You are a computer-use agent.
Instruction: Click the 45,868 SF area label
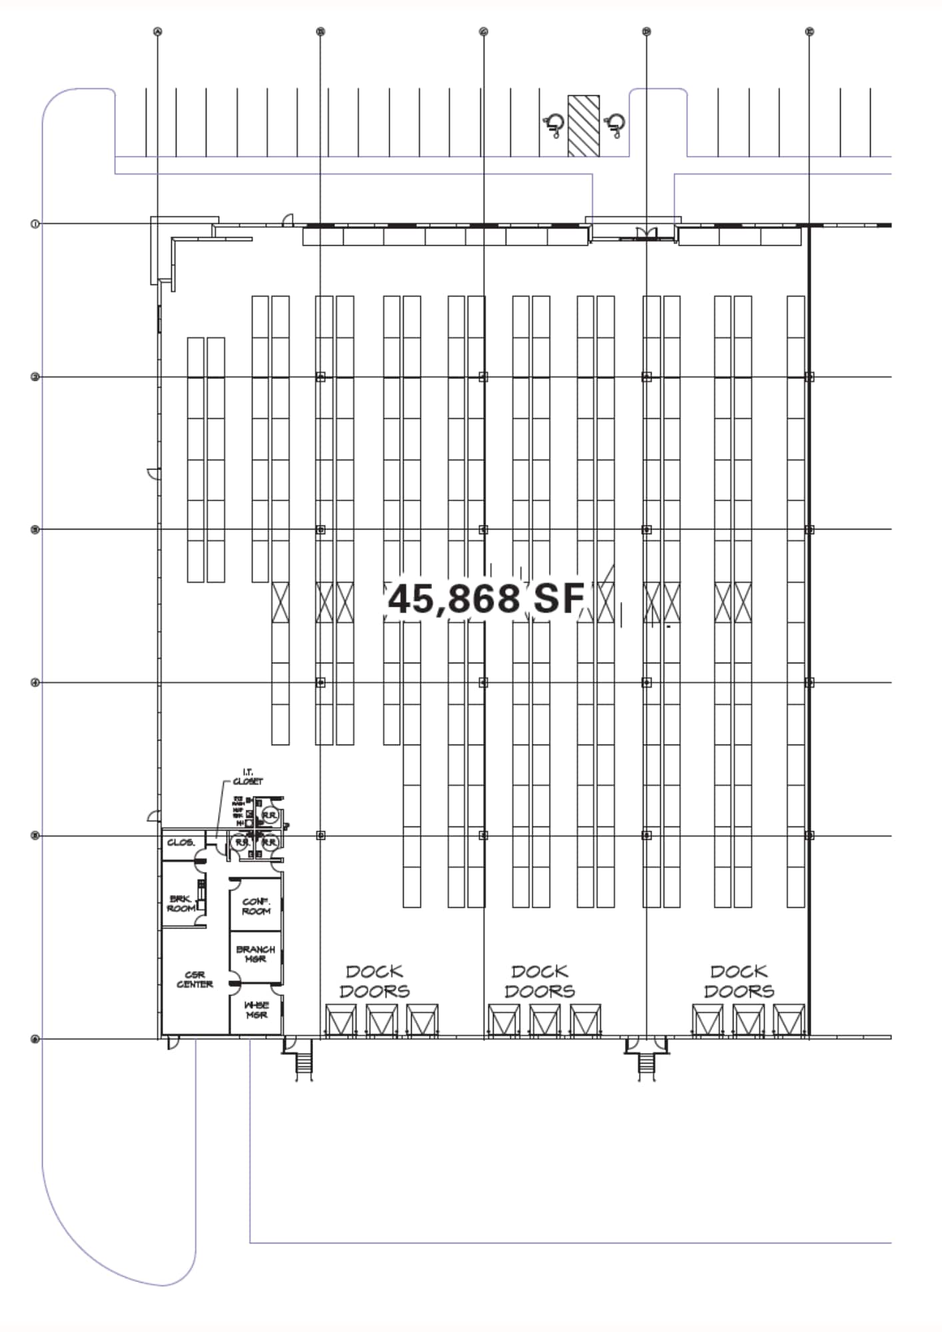[486, 599]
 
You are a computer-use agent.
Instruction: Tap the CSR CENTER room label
[195, 980]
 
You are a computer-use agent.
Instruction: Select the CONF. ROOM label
[256, 906]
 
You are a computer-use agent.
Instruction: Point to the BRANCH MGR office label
[255, 954]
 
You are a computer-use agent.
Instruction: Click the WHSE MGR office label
[256, 1010]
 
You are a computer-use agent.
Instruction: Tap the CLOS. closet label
[181, 842]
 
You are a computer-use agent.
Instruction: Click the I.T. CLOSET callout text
[248, 777]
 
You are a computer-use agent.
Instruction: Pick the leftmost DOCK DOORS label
[374, 982]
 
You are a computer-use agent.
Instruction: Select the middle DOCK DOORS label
[540, 982]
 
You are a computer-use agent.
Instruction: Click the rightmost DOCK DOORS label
[739, 982]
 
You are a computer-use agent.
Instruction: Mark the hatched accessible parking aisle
[583, 126]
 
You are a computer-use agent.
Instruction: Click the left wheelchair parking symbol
[554, 125]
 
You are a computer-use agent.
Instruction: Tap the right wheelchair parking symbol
[614, 125]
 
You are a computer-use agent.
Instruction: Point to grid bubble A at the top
[158, 31]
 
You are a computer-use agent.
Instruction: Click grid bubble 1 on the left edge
[35, 224]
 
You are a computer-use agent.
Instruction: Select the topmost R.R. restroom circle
[269, 815]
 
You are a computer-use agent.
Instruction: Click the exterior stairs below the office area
[304, 1065]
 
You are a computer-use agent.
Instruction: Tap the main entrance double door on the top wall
[646, 232]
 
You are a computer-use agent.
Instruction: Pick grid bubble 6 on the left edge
[35, 1039]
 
